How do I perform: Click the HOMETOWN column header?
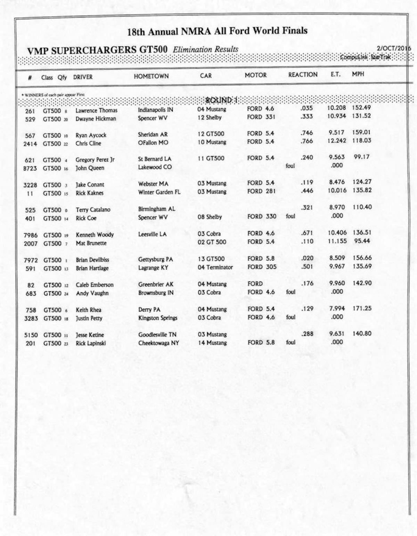tap(151, 76)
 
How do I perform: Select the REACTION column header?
tap(303, 75)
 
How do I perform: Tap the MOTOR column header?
tap(255, 75)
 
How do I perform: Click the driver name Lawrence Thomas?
tap(96, 110)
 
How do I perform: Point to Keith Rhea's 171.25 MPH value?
tap(362, 308)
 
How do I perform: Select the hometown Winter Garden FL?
tap(159, 192)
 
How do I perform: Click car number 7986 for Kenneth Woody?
tap(31, 235)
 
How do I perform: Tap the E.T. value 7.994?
tap(337, 308)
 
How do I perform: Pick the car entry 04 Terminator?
tap(215, 267)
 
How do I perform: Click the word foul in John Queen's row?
tap(290, 166)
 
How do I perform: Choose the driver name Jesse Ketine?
tap(90, 335)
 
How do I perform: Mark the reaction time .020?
tap(307, 258)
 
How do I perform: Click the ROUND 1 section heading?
tap(221, 100)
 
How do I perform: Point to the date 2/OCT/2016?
tap(394, 48)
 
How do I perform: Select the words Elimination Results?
tap(205, 49)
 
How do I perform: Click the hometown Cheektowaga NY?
tap(158, 343)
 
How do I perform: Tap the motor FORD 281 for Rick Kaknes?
tap(261, 191)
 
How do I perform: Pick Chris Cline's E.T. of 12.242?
tap(337, 141)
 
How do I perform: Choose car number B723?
tap(30, 168)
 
